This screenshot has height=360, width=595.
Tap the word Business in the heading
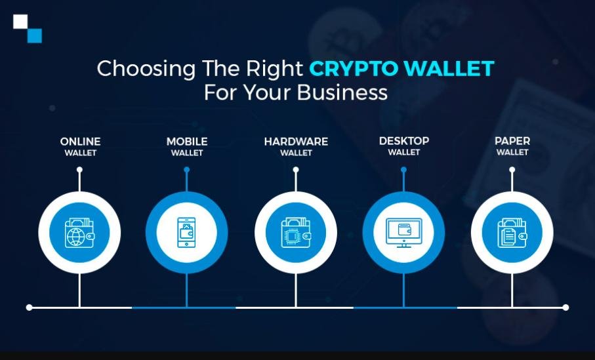[x=342, y=92]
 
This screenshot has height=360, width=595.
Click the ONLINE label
[x=80, y=142]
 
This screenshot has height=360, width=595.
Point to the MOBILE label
[x=187, y=142]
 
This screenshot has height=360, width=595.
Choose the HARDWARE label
[x=296, y=142]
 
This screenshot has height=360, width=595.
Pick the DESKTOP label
[x=404, y=141]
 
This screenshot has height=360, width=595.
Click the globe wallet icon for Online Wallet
[x=79, y=233]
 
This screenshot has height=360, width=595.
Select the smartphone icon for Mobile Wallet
[x=187, y=233]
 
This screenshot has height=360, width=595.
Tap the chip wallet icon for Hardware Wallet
[x=296, y=233]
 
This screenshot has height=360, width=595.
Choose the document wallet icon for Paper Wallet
[x=512, y=233]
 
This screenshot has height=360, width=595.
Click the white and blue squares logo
[x=28, y=28]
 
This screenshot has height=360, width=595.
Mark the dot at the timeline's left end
[x=29, y=307]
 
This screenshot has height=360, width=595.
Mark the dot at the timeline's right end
[x=565, y=307]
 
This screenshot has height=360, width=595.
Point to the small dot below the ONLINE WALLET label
[x=79, y=170]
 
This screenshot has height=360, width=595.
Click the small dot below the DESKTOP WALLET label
[x=403, y=170]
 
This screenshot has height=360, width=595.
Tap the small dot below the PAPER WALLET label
[x=512, y=170]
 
